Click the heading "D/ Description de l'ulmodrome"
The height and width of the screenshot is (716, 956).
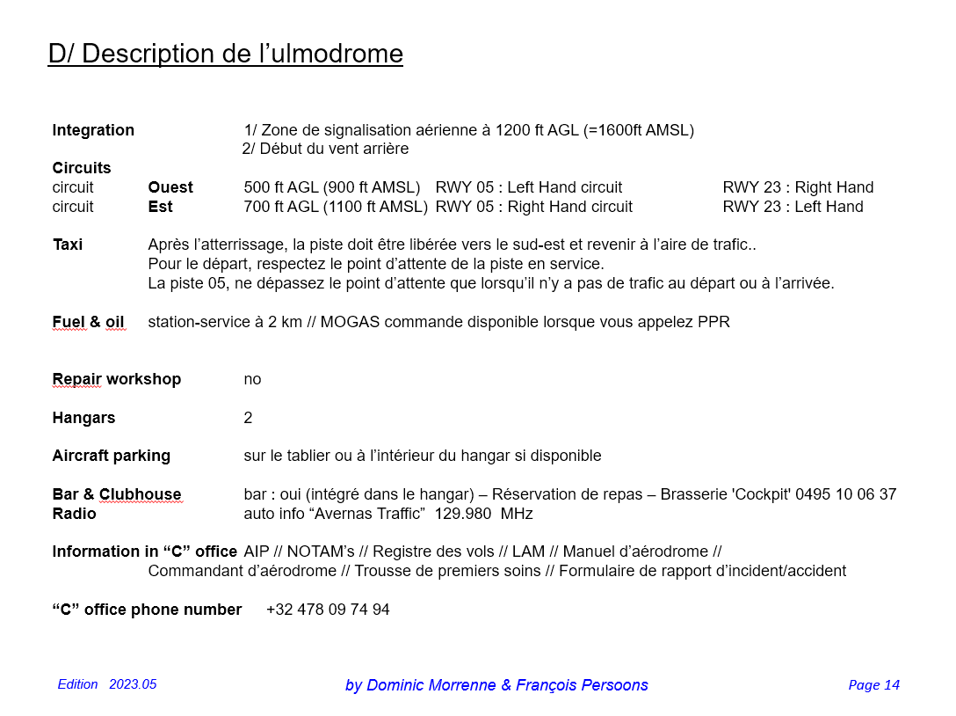coord(225,54)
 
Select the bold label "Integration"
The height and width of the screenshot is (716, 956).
coord(93,130)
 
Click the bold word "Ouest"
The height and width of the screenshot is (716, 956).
coord(170,187)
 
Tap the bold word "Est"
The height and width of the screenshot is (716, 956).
coord(160,207)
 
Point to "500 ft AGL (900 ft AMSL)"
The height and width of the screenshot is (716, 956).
coord(332,187)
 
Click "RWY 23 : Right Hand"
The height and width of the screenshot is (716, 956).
coord(798,187)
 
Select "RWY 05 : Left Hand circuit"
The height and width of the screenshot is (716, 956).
coord(529,187)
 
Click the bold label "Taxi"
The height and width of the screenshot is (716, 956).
coord(68,245)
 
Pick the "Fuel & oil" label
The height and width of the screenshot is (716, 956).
coord(88,322)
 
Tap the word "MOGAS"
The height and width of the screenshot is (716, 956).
coord(349,322)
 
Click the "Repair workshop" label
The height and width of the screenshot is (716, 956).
coord(116,379)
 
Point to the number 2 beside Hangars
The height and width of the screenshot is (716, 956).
coord(248,418)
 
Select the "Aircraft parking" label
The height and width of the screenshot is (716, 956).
coord(111,456)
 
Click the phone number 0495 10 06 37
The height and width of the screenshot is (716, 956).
coord(845,494)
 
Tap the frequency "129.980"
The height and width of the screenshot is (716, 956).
coord(463,514)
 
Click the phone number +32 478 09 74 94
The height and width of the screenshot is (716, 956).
coord(328,610)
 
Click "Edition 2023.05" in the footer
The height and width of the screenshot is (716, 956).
coord(107,684)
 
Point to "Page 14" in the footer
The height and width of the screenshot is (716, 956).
coord(873,685)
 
